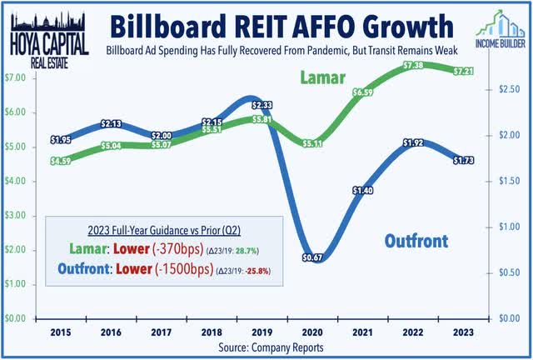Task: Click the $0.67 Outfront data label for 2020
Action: [x=312, y=258]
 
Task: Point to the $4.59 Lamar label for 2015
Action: [x=59, y=161]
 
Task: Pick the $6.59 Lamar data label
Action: [x=364, y=92]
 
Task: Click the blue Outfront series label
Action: [x=416, y=242]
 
